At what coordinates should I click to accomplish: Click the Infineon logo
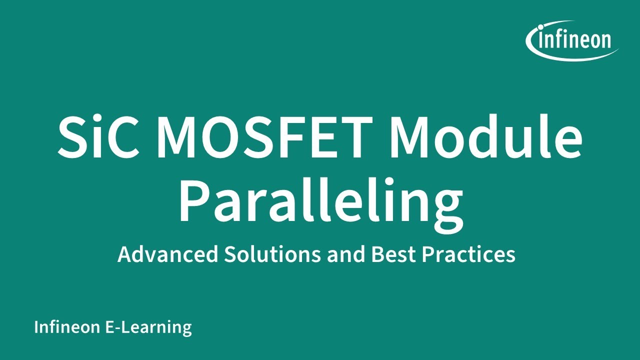pos(572,40)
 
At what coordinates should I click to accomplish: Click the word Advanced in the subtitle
pos(168,254)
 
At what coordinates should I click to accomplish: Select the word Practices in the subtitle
pos(469,254)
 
